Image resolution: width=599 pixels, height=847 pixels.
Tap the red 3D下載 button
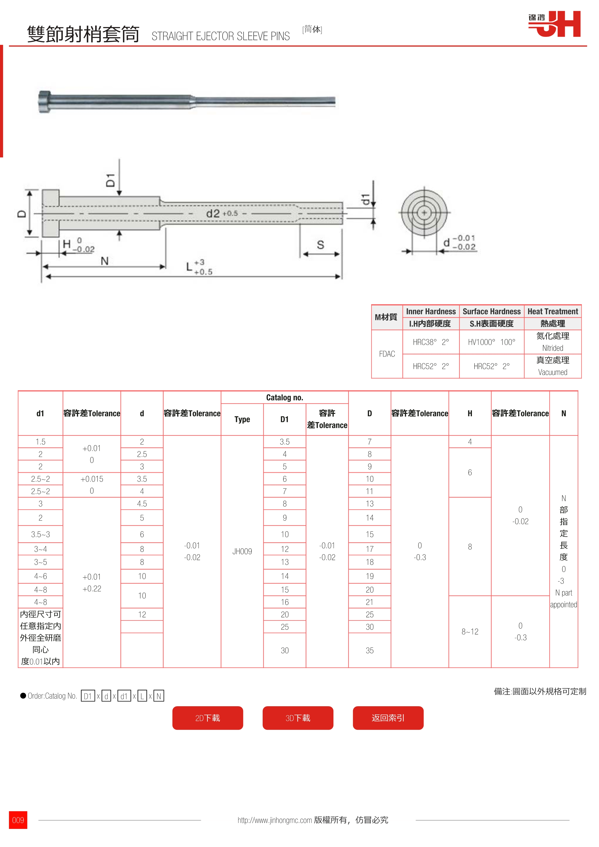click(x=298, y=718)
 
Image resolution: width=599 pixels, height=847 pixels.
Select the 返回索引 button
click(x=388, y=718)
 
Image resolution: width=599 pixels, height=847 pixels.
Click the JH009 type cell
click(x=242, y=551)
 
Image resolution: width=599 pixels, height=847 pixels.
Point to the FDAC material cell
click(x=387, y=354)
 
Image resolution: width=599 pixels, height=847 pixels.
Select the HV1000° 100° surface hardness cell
click(x=492, y=342)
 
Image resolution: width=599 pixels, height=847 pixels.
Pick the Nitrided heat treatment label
click(x=553, y=348)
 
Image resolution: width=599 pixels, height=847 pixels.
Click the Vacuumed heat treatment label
click(x=553, y=372)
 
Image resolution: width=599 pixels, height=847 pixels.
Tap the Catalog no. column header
click(x=285, y=397)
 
